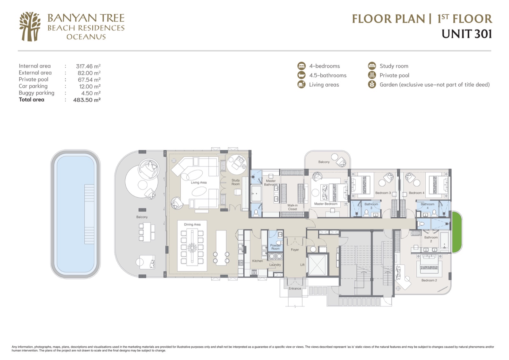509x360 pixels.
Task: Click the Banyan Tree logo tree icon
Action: point(30,27)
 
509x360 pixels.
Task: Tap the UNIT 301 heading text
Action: point(467,34)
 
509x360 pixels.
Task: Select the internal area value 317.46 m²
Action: point(88,66)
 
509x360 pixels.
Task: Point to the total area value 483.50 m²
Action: point(87,100)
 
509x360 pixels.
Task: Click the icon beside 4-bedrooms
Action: point(302,66)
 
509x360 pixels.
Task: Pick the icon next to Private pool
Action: point(372,75)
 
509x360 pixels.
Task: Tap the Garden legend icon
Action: point(372,85)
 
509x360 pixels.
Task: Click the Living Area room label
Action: point(199,182)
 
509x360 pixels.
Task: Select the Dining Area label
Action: point(192,224)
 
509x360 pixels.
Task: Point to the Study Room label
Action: point(236,182)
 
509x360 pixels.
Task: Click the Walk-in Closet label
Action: point(292,207)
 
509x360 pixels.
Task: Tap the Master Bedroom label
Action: point(326,204)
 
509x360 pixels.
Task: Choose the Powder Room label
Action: point(275,247)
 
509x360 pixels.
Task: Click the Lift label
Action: point(302,265)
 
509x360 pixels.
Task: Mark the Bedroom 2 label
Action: point(429,280)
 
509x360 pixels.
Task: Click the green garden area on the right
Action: point(457,232)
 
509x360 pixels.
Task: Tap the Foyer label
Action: point(295,250)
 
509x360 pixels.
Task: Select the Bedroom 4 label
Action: point(416,193)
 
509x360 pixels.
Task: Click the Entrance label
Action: point(295,289)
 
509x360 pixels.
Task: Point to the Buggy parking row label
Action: point(37,93)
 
